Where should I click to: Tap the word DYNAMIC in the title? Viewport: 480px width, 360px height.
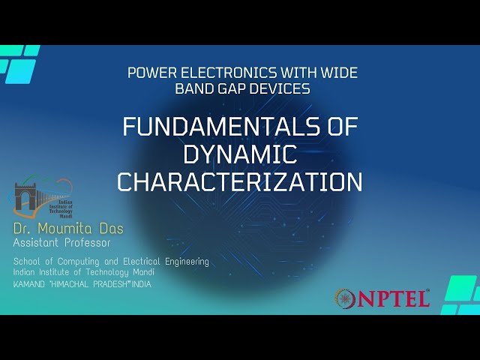(x=240, y=154)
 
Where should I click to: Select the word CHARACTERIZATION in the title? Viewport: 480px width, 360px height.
(x=240, y=182)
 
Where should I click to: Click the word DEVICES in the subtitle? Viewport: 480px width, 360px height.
(x=282, y=88)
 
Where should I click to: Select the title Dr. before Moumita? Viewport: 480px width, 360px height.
(x=25, y=228)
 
